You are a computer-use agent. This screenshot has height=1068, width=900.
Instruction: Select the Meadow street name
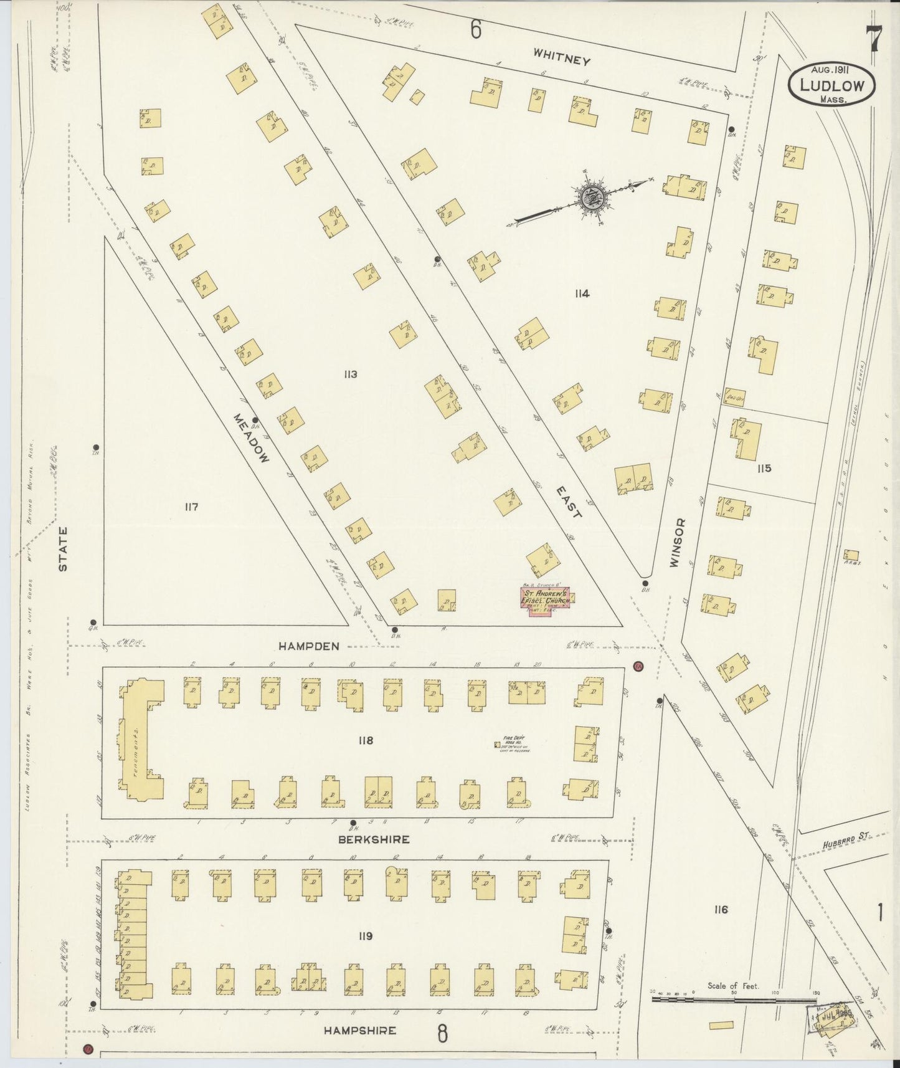pyautogui.click(x=252, y=438)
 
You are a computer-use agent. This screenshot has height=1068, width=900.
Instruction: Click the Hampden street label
pyautogui.click(x=309, y=647)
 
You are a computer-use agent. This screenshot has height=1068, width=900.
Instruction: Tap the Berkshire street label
pyautogui.click(x=373, y=839)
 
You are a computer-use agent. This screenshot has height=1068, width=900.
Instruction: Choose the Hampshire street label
pyautogui.click(x=359, y=1031)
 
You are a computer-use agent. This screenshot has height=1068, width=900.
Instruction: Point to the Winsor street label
pyautogui.click(x=678, y=543)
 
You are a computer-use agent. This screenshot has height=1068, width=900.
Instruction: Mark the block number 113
pyautogui.click(x=349, y=374)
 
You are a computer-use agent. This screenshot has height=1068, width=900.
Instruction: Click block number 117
pyautogui.click(x=191, y=507)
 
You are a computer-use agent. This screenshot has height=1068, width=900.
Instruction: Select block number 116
pyautogui.click(x=721, y=910)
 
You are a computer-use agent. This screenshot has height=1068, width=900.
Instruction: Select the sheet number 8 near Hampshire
pyautogui.click(x=442, y=1034)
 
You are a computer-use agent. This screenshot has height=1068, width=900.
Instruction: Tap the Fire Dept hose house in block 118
pyautogui.click(x=498, y=744)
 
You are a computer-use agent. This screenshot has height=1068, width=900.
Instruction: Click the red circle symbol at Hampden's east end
pyautogui.click(x=638, y=667)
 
